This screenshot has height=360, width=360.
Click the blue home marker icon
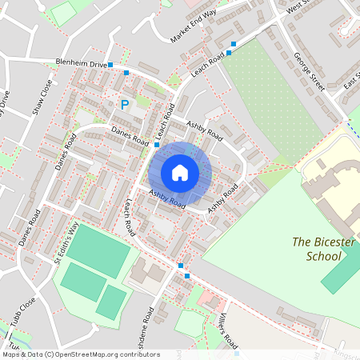pos(180,172)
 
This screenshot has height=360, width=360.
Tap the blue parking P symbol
pos(124,104)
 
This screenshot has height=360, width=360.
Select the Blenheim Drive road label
pos(81,63)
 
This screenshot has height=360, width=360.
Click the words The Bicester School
pos(316,249)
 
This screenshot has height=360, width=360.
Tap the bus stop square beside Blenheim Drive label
pos(111,64)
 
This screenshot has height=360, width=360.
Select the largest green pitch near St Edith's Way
pos(98,250)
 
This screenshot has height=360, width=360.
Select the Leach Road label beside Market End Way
pos(210,62)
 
